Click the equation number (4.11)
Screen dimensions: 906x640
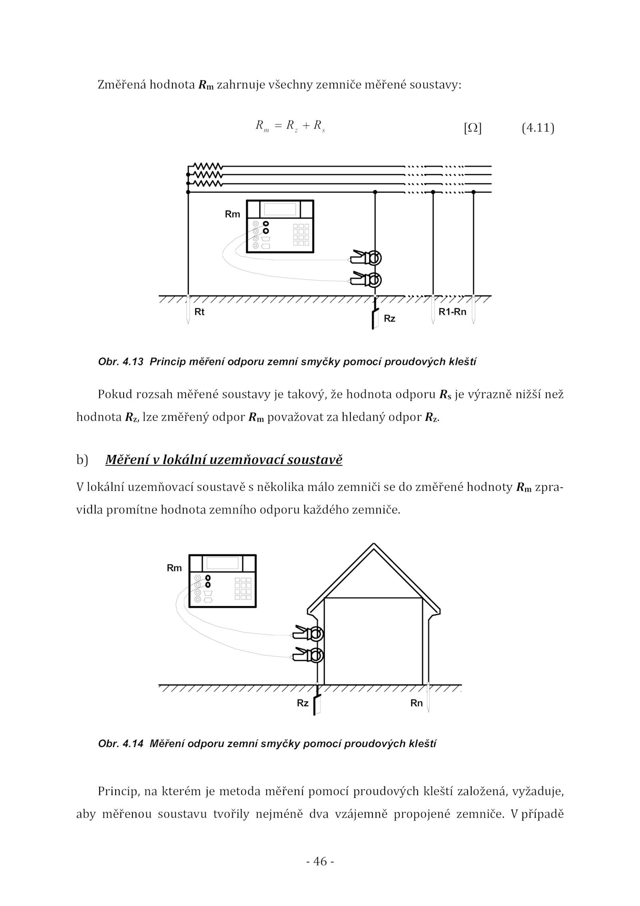(x=538, y=129)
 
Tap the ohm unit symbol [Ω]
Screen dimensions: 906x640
(x=472, y=129)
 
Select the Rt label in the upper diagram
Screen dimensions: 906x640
(x=199, y=312)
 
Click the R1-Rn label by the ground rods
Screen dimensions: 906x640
(x=452, y=312)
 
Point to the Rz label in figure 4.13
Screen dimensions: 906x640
(x=389, y=319)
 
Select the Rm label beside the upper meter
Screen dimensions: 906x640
(x=232, y=215)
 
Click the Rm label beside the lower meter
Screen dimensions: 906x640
(x=174, y=568)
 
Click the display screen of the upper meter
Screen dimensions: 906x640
(x=280, y=209)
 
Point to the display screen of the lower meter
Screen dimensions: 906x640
(x=222, y=563)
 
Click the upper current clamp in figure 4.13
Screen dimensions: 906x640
(x=366, y=258)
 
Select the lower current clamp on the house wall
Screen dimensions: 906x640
(x=308, y=655)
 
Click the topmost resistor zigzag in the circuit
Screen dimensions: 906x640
(x=208, y=166)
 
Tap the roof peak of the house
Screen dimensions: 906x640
(x=374, y=545)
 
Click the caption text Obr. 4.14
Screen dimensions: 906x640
(x=120, y=744)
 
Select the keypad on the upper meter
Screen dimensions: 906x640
(x=301, y=235)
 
